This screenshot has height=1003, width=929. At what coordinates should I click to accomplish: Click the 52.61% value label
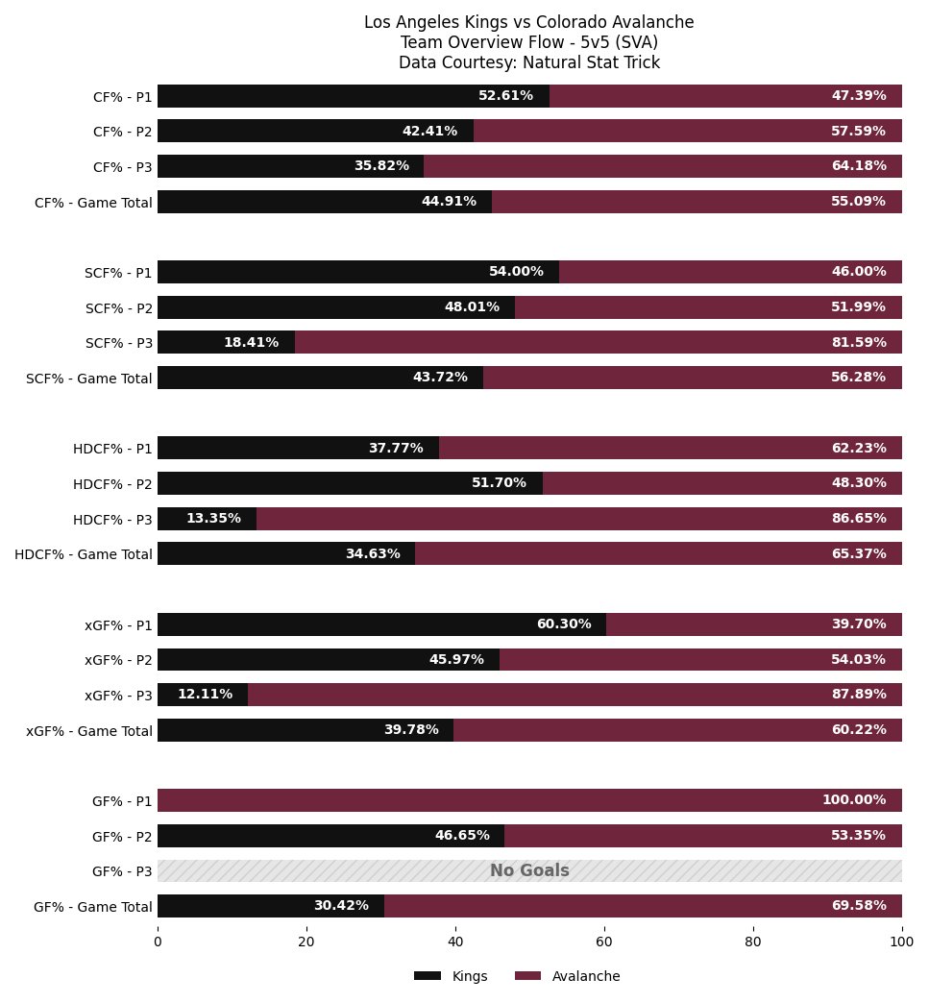point(505,95)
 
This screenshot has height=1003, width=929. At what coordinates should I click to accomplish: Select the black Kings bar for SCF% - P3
point(227,342)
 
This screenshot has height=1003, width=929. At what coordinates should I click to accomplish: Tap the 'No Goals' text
point(529,870)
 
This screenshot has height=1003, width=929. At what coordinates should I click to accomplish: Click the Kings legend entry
point(451,976)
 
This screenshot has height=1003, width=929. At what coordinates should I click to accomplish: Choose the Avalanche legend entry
point(568,976)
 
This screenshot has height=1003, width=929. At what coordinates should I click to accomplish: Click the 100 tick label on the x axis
point(902,942)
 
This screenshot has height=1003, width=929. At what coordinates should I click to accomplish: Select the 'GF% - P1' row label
point(122,801)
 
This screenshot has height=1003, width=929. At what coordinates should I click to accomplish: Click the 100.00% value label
point(854,799)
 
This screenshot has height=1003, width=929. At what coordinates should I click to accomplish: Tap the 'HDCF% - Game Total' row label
point(84,554)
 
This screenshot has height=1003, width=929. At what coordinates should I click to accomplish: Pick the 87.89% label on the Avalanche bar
point(859,694)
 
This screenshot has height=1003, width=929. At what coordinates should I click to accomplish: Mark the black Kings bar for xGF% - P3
point(203,695)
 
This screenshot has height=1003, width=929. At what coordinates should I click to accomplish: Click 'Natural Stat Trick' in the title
point(591,62)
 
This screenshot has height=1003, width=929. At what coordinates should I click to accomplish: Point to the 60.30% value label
point(564,624)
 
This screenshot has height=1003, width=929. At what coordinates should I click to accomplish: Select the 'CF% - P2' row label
point(123,132)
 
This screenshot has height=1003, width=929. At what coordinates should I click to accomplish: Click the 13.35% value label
point(213,518)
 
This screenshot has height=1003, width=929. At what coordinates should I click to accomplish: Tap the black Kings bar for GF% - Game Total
point(271,906)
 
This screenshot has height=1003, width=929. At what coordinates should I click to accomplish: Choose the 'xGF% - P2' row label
point(118,659)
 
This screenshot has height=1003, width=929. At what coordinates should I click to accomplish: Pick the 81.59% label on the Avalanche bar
point(859,342)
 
